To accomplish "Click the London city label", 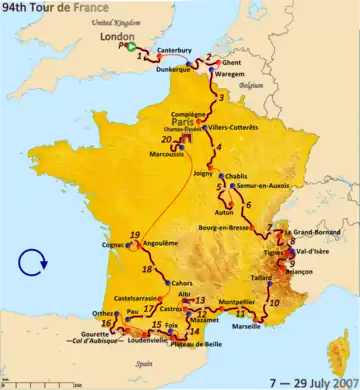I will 134,32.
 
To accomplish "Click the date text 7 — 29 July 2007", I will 309,381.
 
